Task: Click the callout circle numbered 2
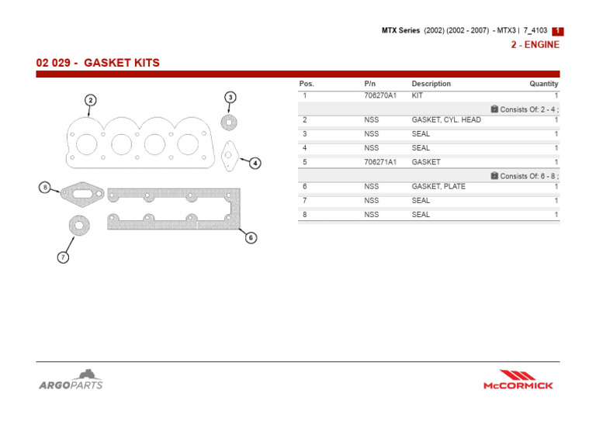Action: (91, 100)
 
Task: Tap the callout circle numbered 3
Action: (230, 97)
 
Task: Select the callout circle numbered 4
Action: (255, 163)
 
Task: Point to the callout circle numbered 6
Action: (251, 238)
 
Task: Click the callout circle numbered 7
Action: (63, 257)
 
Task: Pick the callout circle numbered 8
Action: (45, 188)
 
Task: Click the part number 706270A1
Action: (379, 95)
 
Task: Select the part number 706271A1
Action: (379, 162)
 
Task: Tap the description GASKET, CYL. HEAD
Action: (445, 120)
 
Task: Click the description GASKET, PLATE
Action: (438, 187)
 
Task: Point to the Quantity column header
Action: (543, 84)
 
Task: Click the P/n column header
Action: (369, 84)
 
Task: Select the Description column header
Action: (431, 84)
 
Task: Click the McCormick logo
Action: (518, 379)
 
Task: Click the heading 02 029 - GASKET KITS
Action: (98, 62)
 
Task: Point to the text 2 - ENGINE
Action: (535, 45)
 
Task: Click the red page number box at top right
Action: (557, 31)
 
